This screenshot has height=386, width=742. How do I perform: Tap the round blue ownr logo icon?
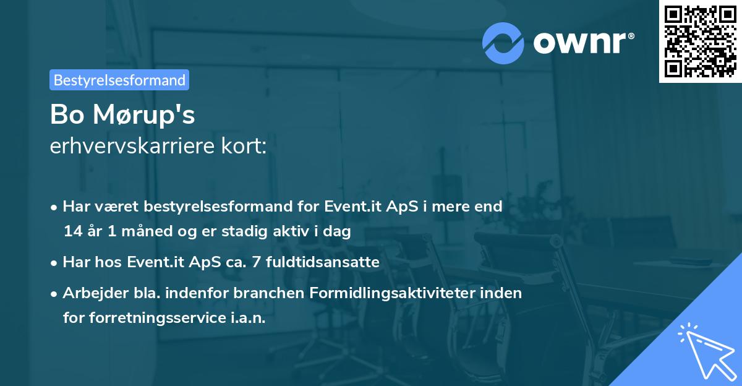(503, 43)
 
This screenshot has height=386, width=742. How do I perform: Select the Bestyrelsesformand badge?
(119, 80)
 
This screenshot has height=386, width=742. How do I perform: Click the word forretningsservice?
(161, 318)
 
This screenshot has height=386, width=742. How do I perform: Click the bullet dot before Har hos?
(56, 262)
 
